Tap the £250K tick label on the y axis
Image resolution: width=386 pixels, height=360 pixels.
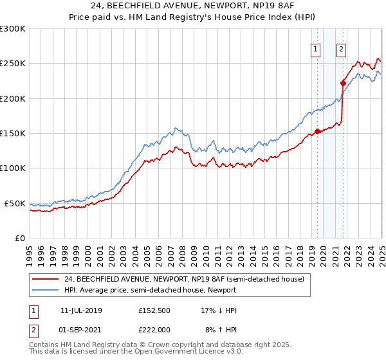(x=13, y=64)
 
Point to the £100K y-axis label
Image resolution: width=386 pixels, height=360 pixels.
(x=13, y=168)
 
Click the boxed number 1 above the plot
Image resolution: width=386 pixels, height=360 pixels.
(x=317, y=49)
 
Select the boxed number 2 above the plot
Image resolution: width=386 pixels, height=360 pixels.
(x=340, y=49)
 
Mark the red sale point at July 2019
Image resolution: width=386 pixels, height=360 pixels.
(x=317, y=132)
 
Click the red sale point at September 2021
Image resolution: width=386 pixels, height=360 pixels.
(x=343, y=83)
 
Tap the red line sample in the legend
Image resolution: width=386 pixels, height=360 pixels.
(x=46, y=279)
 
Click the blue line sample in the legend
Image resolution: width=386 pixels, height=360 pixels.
(x=46, y=290)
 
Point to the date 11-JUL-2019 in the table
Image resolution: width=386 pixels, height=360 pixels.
(x=81, y=310)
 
